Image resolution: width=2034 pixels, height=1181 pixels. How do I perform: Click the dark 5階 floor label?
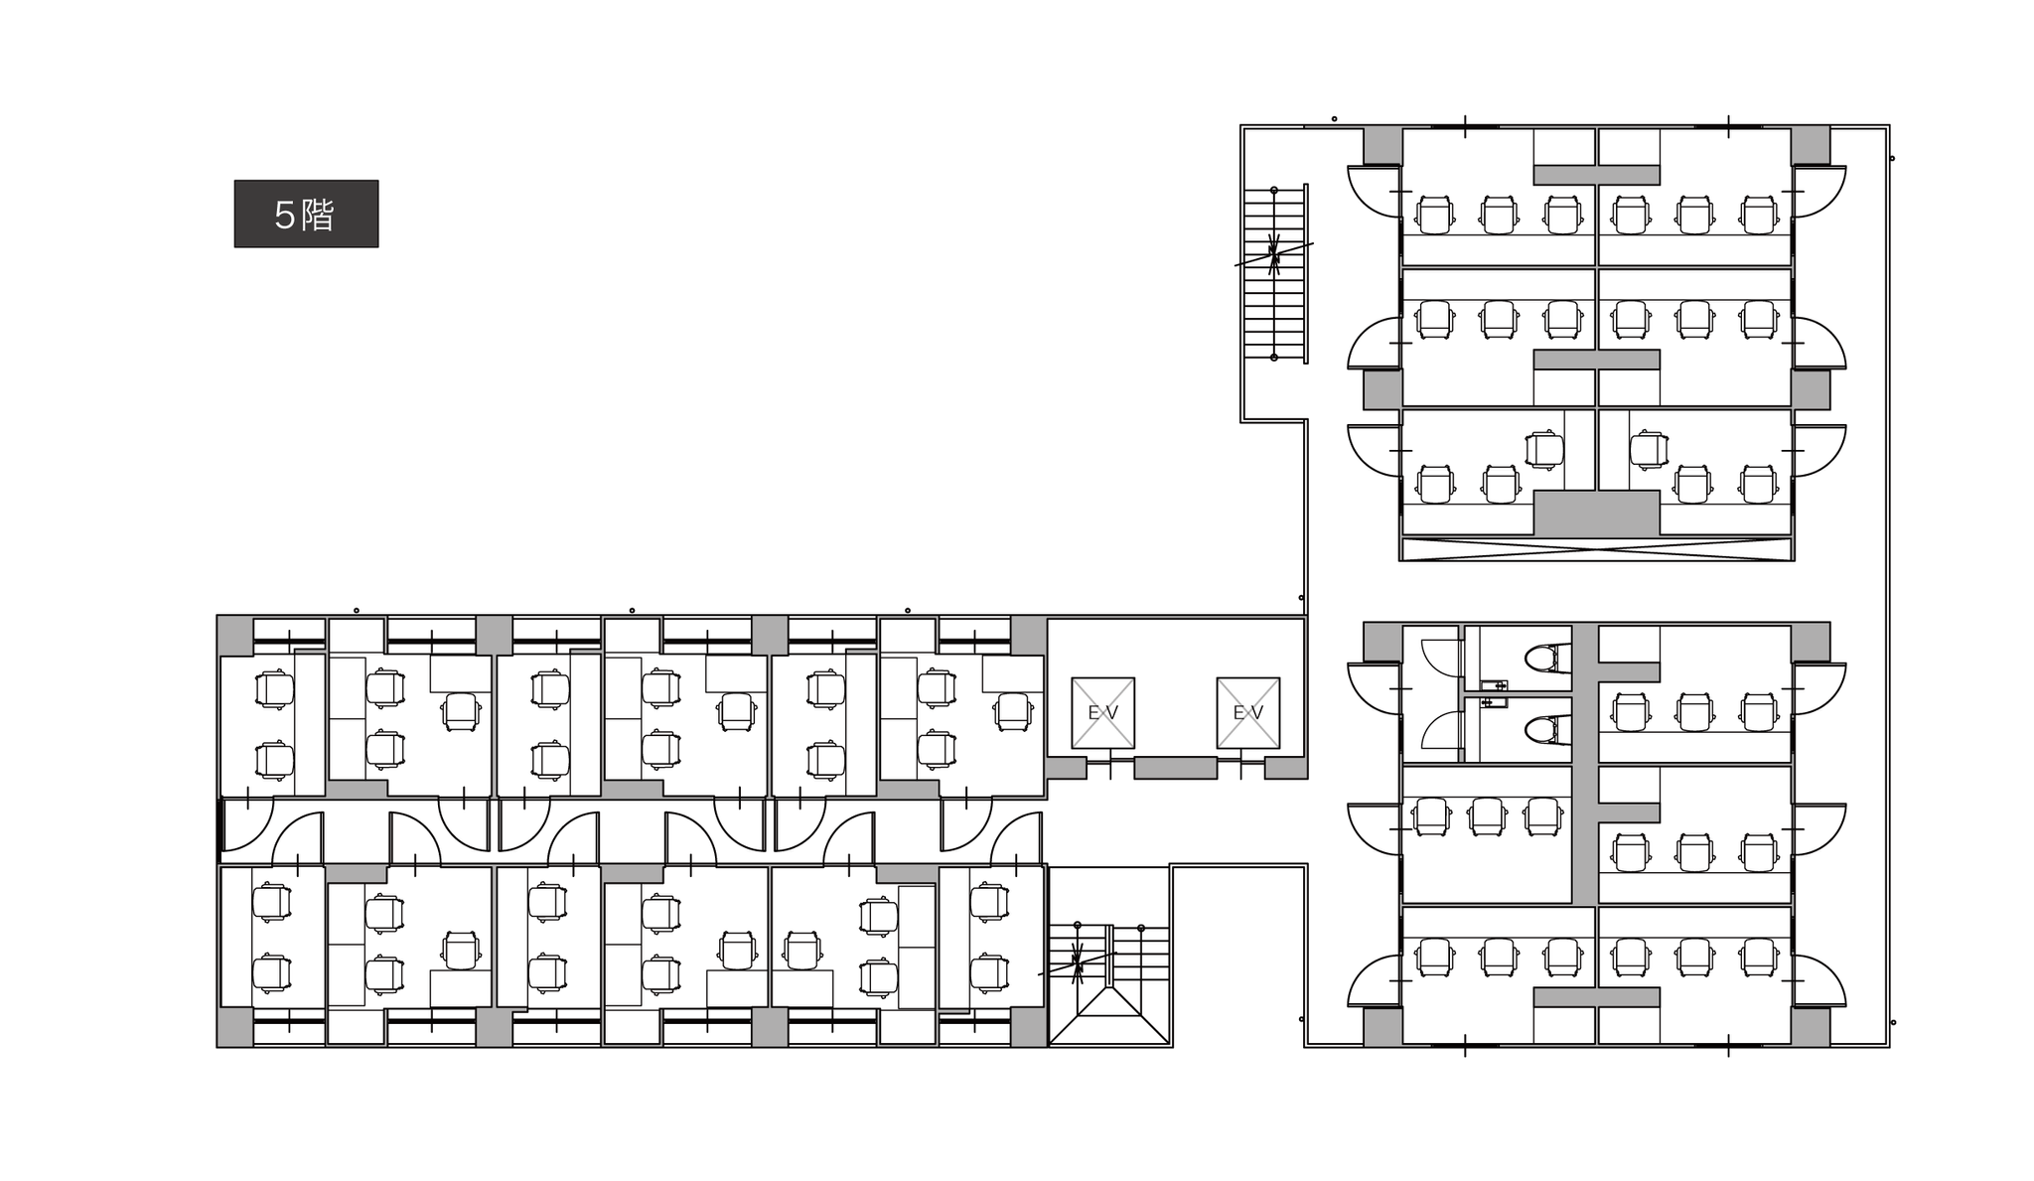(x=306, y=214)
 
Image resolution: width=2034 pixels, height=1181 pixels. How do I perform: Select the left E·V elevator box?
(x=1102, y=713)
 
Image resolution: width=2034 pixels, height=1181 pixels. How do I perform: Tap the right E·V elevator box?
(x=1247, y=713)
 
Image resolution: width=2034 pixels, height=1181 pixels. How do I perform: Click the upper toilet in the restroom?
(x=1542, y=659)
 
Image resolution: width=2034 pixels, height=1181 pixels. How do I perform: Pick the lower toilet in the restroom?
(x=1542, y=730)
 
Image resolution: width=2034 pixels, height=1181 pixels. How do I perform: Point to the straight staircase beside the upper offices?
(x=1274, y=274)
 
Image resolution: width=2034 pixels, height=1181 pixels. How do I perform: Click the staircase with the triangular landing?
(x=1108, y=983)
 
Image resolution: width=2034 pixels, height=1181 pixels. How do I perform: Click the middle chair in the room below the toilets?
(x=1487, y=816)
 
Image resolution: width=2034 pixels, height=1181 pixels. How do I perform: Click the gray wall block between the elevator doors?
(x=1175, y=768)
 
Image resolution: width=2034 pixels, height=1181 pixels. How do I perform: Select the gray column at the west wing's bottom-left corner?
(x=235, y=1027)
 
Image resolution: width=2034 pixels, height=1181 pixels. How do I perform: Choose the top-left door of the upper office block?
(x=1375, y=192)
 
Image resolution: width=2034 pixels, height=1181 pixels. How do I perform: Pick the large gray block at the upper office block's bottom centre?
(x=1596, y=514)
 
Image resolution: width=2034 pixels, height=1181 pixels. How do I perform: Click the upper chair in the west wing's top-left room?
(x=275, y=688)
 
